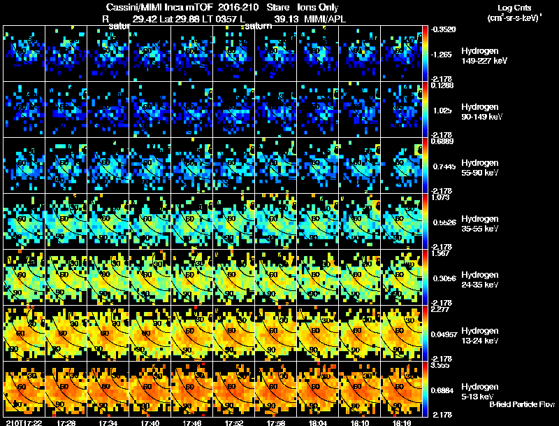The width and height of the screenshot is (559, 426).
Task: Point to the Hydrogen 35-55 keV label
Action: pyautogui.click(x=481, y=223)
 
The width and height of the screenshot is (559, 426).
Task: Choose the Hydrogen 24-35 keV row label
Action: pyautogui.click(x=481, y=280)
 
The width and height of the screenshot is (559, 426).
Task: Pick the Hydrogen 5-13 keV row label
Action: pyautogui.click(x=481, y=391)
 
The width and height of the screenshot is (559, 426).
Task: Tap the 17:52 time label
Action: pyautogui.click(x=234, y=423)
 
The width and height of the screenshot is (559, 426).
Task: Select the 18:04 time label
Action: pyautogui.click(x=319, y=423)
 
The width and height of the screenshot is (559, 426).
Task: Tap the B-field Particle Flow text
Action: pyautogui.click(x=521, y=404)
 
